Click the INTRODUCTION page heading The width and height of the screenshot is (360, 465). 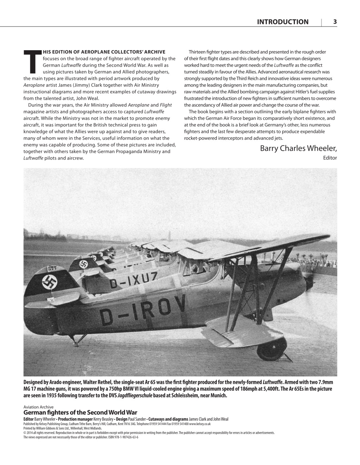pyautogui.click(x=282, y=22)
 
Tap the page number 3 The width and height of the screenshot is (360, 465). pyautogui.click(x=335, y=22)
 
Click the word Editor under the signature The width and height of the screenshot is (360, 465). pyautogui.click(x=329, y=158)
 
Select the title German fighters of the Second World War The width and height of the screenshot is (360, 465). pyautogui.click(x=80, y=412)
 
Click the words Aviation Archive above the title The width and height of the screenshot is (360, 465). pyautogui.click(x=38, y=407)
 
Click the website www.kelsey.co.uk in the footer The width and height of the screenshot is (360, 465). pyautogui.click(x=200, y=424)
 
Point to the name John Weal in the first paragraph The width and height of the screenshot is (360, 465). pyautogui.click(x=87, y=98)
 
